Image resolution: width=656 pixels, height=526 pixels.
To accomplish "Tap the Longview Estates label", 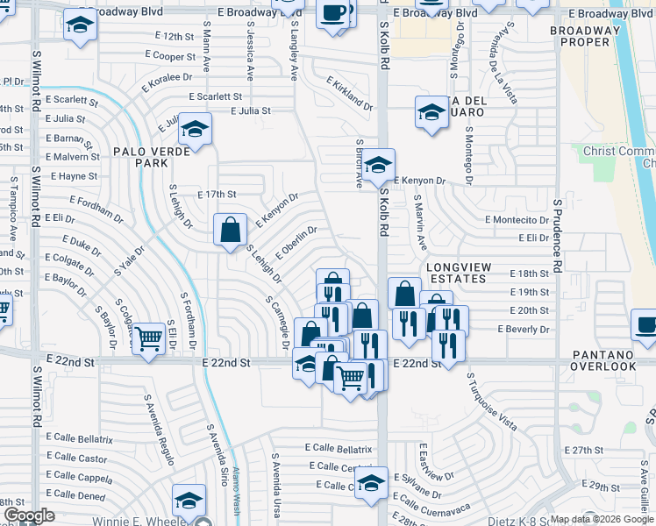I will [456, 272].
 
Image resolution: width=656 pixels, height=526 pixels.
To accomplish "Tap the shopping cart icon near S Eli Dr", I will [149, 338].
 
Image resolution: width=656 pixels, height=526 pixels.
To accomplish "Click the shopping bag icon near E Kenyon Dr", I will [230, 231].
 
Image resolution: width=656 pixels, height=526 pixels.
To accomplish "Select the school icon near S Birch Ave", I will [379, 165].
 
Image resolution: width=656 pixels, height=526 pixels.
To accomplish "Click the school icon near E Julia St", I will [194, 130].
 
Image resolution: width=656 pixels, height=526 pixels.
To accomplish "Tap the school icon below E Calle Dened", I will [189, 500].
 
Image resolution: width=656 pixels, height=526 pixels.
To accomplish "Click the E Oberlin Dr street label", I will [296, 243].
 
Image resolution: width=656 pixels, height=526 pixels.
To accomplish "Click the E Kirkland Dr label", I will [349, 92].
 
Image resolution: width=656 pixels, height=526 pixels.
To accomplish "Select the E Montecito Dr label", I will [516, 219].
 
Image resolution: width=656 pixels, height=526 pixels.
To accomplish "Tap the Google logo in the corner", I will [29, 515].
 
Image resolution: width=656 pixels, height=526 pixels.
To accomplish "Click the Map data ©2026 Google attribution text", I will [601, 519].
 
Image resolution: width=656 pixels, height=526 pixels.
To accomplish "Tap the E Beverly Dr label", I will [523, 330].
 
